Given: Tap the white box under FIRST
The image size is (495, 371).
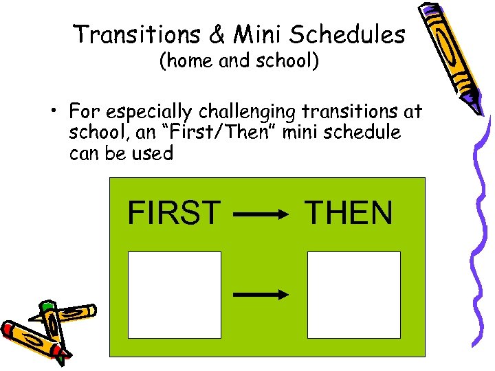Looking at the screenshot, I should click(x=175, y=295).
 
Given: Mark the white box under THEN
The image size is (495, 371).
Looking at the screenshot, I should click(x=353, y=295).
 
